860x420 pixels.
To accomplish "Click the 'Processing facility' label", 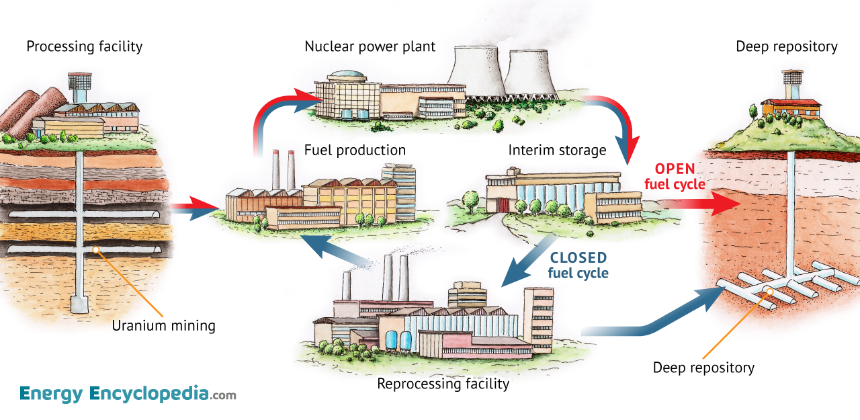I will [85, 46].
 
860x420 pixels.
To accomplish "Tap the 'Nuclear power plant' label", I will [370, 46].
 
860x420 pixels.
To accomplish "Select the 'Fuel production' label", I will [355, 149].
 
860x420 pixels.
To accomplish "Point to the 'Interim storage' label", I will [557, 149].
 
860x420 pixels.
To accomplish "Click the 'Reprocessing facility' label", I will [443, 384].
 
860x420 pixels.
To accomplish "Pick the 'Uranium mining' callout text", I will [163, 326].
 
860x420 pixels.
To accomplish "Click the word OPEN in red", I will [675, 169].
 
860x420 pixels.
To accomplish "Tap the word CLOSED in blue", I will [578, 257].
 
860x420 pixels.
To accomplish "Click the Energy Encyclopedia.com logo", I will [128, 394].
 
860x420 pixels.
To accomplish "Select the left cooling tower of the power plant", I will [476, 71].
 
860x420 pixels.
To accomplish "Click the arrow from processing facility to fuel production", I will [194, 208].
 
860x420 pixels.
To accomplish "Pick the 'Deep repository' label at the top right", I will [786, 46].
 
